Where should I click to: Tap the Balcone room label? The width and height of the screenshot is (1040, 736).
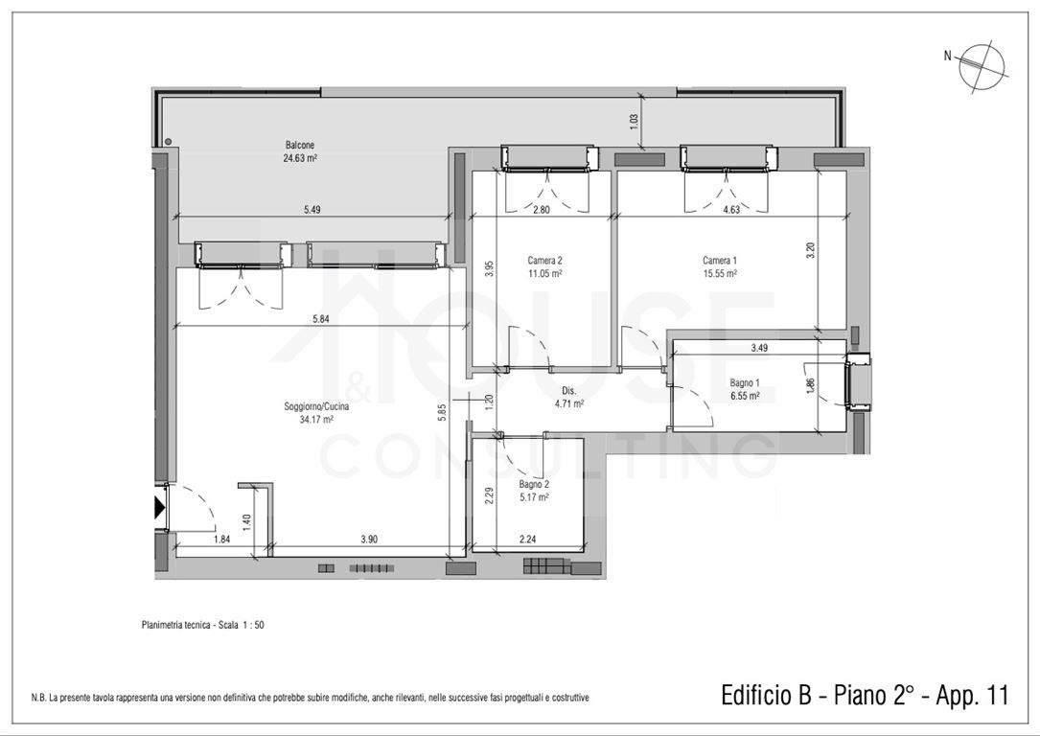tap(300, 146)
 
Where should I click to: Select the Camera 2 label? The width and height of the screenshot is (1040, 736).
tap(544, 261)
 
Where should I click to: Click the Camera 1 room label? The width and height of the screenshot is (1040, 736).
tap(720, 261)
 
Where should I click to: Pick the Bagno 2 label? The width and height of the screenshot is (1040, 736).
tap(534, 485)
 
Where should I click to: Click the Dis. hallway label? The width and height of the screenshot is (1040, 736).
tap(568, 391)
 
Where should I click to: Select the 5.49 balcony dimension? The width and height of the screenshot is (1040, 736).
tap(312, 210)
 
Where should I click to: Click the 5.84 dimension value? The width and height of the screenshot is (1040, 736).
tap(320, 318)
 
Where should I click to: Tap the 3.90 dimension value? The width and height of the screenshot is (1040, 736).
tap(369, 540)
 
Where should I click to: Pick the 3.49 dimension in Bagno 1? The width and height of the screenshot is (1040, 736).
tap(759, 348)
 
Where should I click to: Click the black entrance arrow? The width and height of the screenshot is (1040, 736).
tap(160, 508)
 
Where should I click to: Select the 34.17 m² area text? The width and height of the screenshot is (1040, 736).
tap(316, 419)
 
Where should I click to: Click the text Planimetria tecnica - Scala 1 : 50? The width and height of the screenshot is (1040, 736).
tap(203, 625)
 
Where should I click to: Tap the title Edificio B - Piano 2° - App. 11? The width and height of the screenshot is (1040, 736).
tap(865, 696)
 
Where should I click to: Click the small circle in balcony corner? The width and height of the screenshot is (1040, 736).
tap(169, 141)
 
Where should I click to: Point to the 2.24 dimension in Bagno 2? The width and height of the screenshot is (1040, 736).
tap(527, 540)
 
